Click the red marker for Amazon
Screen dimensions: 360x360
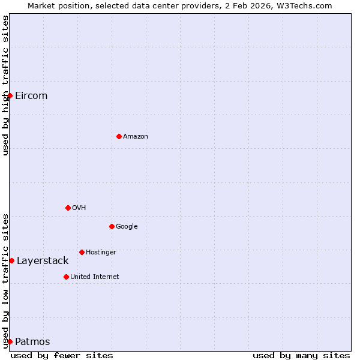tap(119, 136)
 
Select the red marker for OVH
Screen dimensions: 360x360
tap(68, 208)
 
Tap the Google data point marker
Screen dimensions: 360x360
tap(112, 226)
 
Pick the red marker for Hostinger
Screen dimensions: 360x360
tap(82, 252)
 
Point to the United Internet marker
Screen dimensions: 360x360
tap(66, 277)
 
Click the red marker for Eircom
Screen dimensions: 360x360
tap(10, 95)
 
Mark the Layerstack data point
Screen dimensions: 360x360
tap(11, 260)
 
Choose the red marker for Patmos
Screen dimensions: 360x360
tap(10, 341)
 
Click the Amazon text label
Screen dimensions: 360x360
tap(136, 137)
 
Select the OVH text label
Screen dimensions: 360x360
tap(79, 208)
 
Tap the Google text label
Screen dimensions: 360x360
tap(127, 227)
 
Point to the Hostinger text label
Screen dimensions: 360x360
tap(101, 253)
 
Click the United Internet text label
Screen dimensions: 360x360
tap(95, 277)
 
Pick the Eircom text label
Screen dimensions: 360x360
tap(31, 96)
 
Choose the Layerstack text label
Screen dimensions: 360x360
tap(43, 261)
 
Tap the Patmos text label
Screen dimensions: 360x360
tap(32, 342)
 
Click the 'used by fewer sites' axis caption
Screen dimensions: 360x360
tap(62, 356)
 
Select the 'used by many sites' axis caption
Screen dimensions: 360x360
tap(301, 356)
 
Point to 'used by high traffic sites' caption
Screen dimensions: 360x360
tap(5, 85)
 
